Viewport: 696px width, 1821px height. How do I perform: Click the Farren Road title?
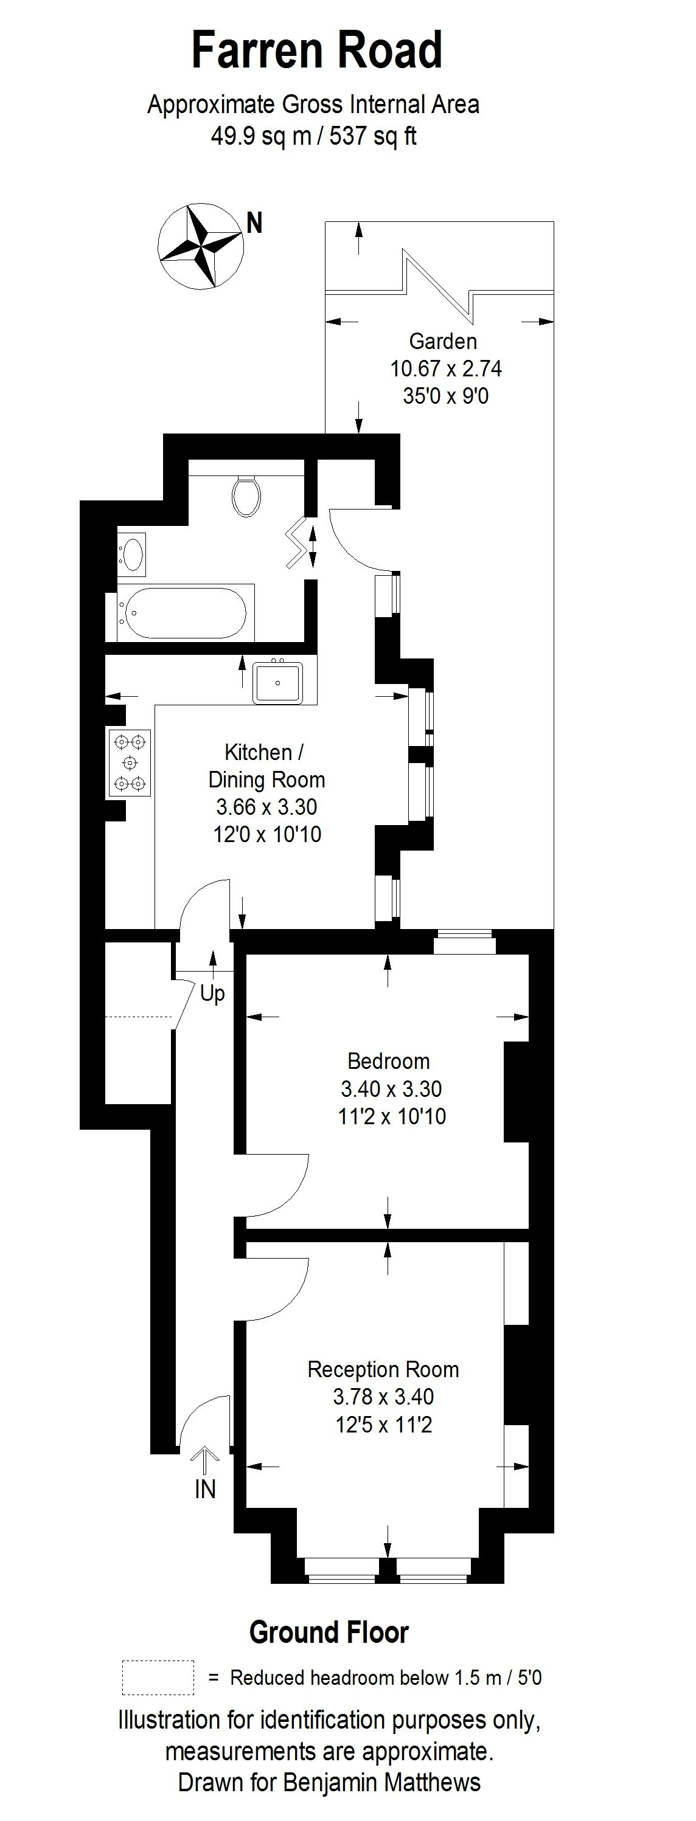[x=316, y=51]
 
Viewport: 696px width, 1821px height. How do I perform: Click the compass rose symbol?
[x=200, y=246]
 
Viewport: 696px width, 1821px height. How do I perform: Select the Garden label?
[x=443, y=342]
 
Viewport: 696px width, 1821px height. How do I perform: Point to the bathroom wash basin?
[x=132, y=553]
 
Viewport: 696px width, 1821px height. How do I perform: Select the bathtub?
[x=183, y=613]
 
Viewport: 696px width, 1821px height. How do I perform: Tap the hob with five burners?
[x=130, y=763]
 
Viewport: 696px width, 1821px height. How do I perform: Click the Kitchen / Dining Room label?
[x=265, y=765]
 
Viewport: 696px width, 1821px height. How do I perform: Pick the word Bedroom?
[x=388, y=1061]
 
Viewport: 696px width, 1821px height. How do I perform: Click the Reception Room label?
[x=383, y=1369]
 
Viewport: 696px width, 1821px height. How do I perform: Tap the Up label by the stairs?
[x=212, y=993]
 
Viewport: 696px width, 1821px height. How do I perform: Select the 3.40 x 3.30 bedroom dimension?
[x=391, y=1088]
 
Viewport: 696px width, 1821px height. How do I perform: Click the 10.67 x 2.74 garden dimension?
[x=445, y=368]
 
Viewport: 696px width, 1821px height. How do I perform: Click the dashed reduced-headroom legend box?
[x=158, y=1678]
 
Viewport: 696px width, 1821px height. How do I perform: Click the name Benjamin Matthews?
[x=382, y=1782]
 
